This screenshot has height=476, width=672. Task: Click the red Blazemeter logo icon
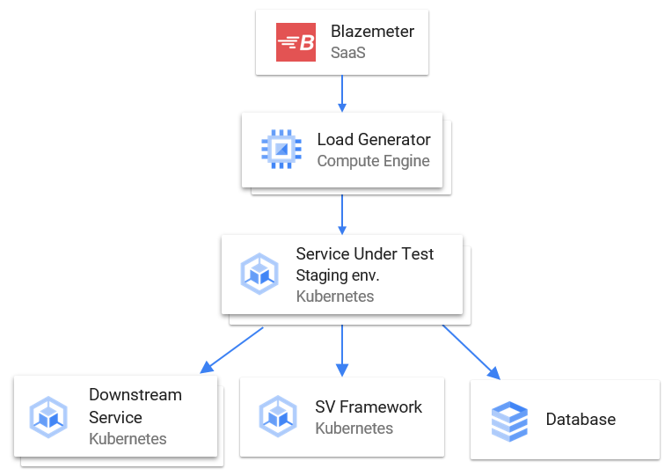[296, 42]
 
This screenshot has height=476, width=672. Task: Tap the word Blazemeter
[372, 32]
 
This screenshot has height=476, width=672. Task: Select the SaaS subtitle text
[347, 53]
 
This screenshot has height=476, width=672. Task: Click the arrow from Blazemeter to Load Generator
[342, 93]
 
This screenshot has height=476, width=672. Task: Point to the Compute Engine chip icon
[281, 150]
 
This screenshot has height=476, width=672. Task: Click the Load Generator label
[374, 139]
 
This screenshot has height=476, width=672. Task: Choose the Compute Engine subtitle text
[373, 161]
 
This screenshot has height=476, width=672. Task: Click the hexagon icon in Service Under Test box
[259, 275]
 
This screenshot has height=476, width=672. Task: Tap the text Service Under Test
[364, 253]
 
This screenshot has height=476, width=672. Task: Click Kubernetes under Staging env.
[334, 297]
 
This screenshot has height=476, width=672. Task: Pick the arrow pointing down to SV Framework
[342, 347]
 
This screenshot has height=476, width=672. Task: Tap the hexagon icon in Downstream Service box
[48, 417]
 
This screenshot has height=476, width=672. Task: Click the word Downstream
[135, 395]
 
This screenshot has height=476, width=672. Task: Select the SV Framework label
[369, 406]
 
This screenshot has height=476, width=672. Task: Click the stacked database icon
[508, 420]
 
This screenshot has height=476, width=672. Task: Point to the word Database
[581, 420]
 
